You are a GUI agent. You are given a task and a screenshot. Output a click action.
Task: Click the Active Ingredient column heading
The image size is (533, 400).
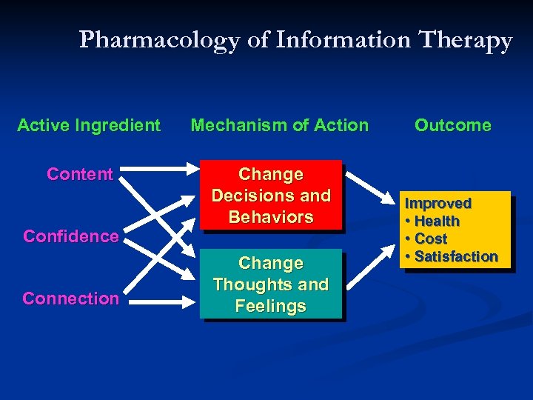tap(88, 125)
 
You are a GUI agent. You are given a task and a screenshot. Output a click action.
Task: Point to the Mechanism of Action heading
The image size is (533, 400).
tap(279, 125)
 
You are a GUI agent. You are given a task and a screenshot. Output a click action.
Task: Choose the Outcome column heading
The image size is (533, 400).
tap(452, 125)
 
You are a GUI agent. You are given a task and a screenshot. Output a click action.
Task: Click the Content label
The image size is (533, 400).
tap(79, 174)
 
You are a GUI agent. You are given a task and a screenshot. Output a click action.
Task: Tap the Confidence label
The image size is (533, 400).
tap(71, 236)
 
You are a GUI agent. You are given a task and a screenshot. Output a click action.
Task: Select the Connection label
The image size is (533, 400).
tap(70, 299)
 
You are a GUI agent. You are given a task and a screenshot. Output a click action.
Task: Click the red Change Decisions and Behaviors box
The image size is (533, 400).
tap(271, 196)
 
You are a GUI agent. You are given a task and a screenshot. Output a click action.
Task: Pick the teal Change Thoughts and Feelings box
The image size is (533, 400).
tap(271, 285)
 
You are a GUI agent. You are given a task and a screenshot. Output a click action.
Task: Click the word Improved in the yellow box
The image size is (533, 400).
tap(438, 203)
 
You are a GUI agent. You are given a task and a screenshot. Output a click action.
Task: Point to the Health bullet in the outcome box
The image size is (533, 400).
tap(437, 221)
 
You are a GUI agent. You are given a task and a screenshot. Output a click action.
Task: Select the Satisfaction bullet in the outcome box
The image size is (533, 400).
tap(455, 256)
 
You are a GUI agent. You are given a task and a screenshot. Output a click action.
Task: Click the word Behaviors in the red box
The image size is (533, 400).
tap(271, 217)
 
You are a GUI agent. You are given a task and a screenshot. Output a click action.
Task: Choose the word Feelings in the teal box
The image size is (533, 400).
tap(271, 307)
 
